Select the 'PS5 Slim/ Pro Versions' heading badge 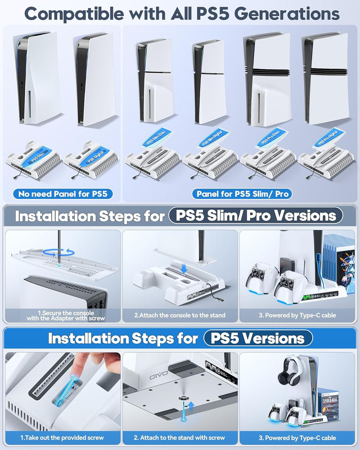pyautogui.click(x=256, y=216)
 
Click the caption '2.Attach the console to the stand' pyautogui.click(x=180, y=315)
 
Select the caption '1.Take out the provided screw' pyautogui.click(x=62, y=437)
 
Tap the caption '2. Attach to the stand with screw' pyautogui.click(x=180, y=437)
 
